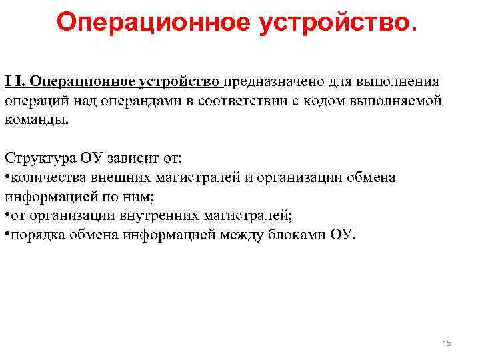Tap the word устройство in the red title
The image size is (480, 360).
click(x=336, y=22)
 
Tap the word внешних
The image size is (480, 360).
click(x=125, y=178)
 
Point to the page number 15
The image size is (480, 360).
click(x=447, y=343)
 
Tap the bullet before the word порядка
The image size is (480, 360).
click(x=7, y=235)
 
